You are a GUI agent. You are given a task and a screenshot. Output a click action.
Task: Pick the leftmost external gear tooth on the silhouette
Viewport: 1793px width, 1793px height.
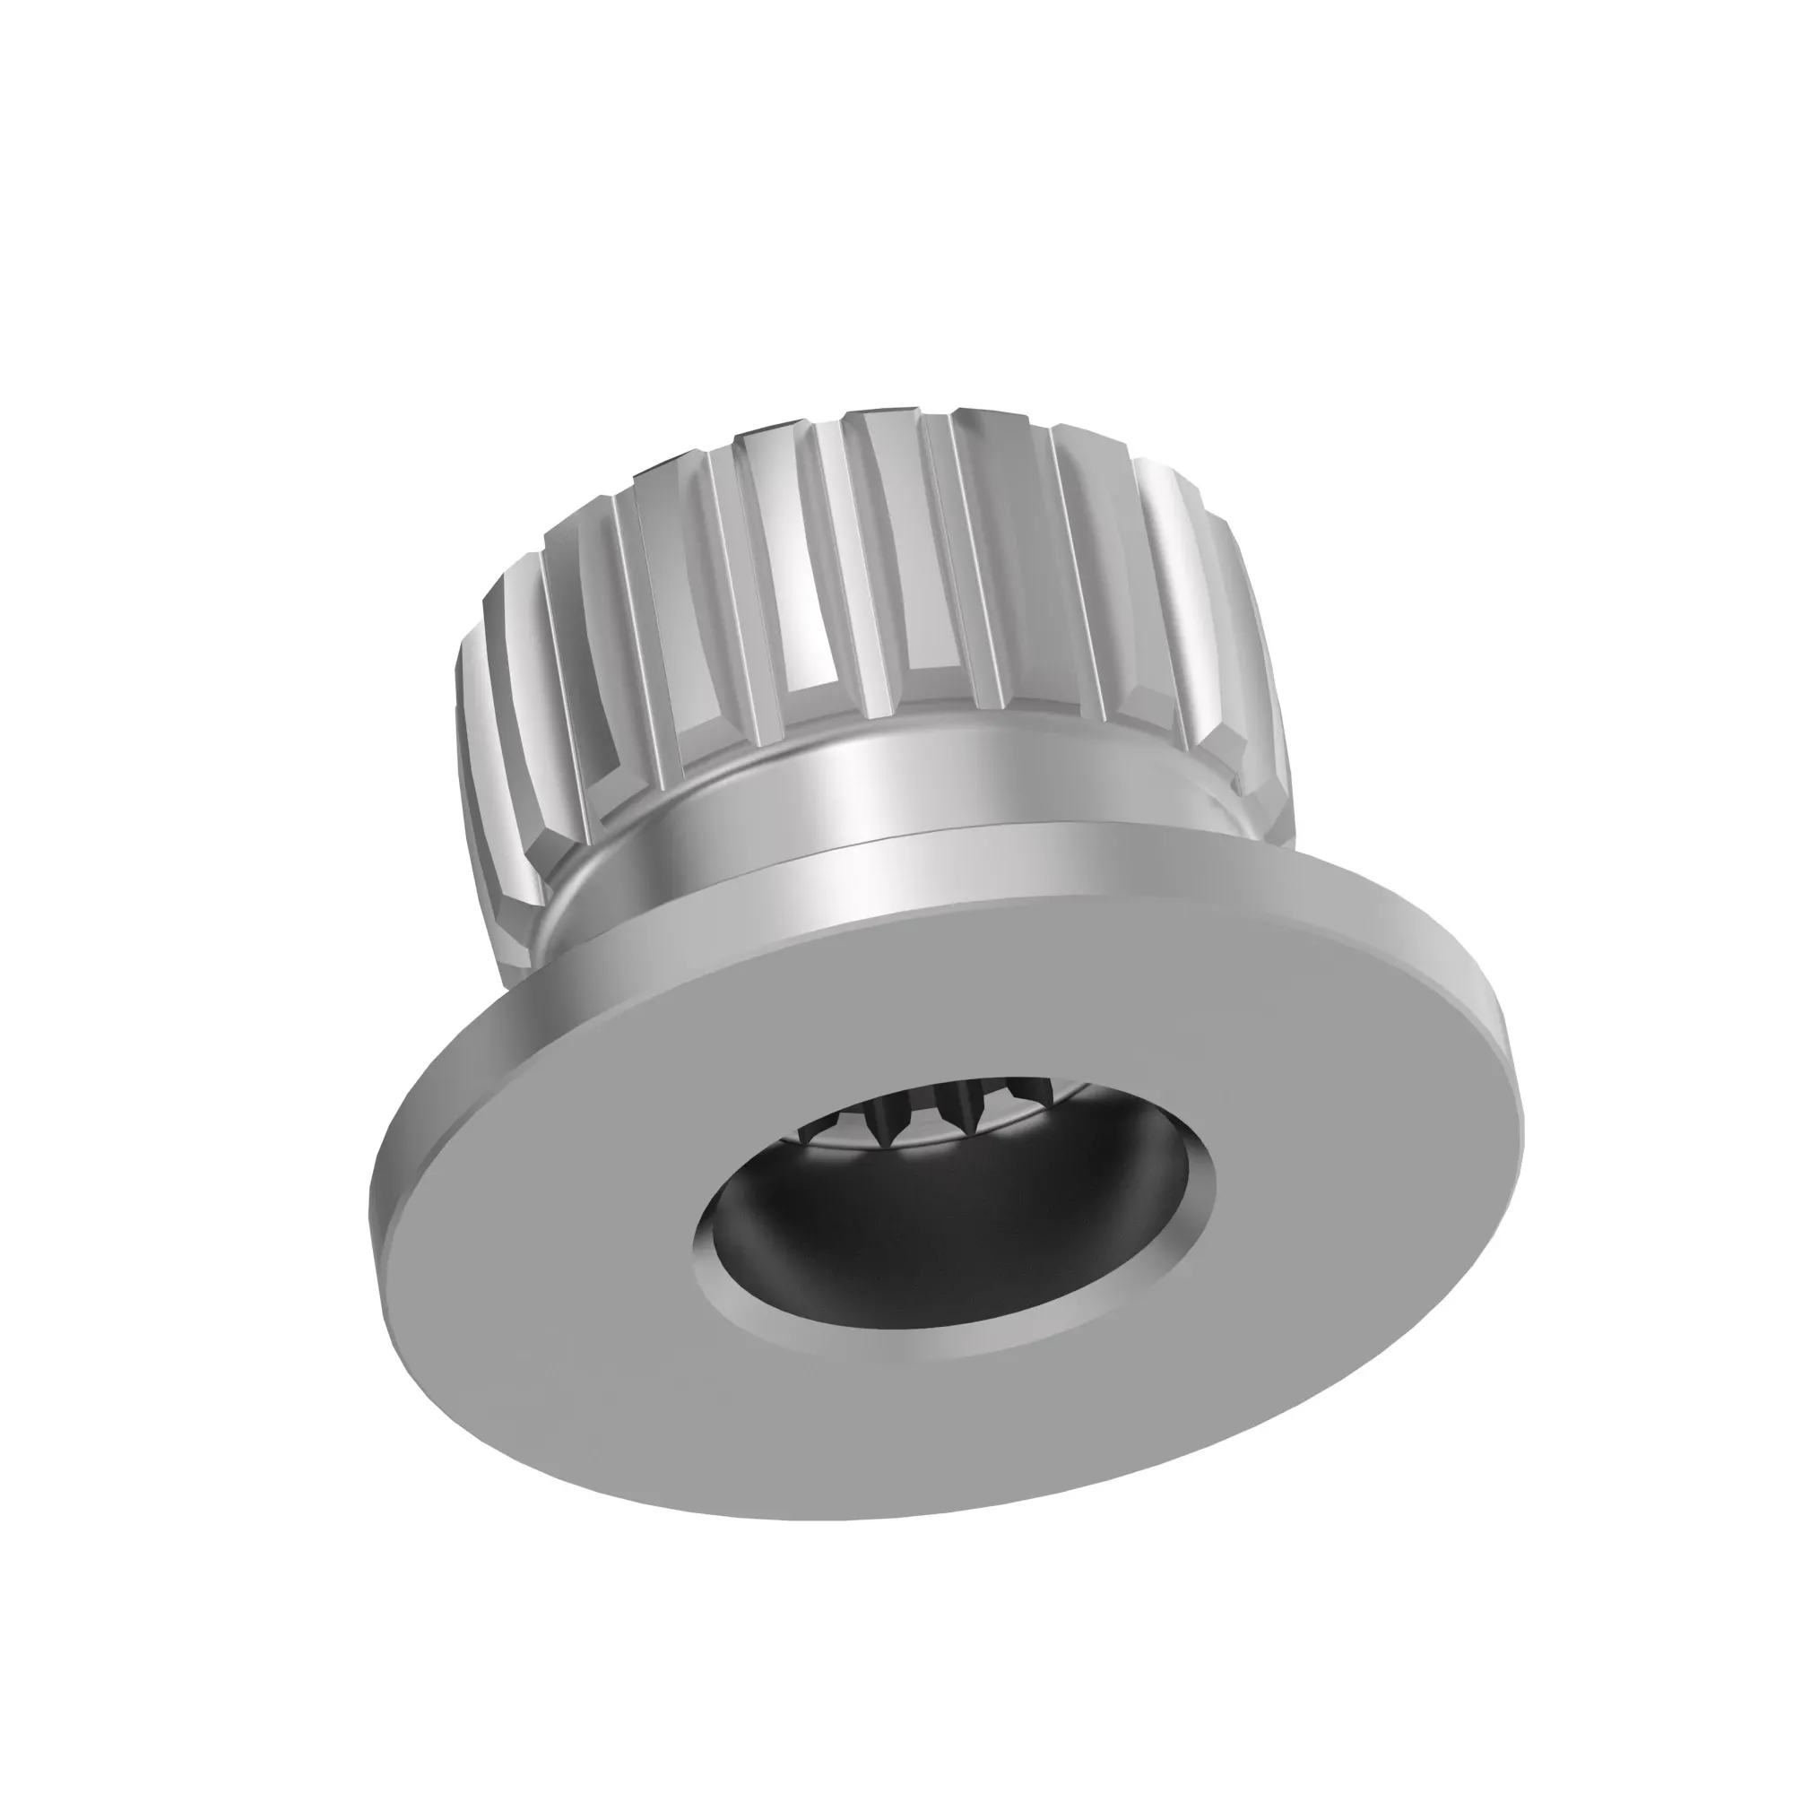coord(473,742)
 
